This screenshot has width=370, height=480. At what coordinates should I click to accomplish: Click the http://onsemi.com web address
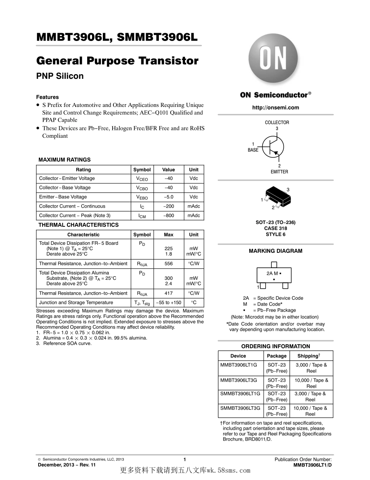[x=275, y=108]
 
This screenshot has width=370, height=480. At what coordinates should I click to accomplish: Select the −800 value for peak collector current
[x=168, y=215]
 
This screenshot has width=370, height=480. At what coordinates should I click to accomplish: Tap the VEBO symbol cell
[x=142, y=197]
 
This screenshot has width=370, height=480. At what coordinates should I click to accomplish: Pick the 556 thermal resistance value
[x=168, y=263]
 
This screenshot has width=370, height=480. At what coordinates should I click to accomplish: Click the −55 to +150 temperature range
[x=168, y=302]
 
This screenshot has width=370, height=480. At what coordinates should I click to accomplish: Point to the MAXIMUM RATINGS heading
[x=64, y=160]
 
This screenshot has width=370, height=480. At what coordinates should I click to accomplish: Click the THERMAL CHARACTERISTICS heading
[x=78, y=225]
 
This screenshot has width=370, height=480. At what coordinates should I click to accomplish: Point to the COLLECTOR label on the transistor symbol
[x=277, y=123]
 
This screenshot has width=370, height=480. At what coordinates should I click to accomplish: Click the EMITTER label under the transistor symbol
[x=279, y=172]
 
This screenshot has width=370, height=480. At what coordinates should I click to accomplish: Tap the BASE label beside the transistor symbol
[x=253, y=150]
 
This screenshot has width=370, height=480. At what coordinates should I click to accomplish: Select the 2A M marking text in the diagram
[x=272, y=274]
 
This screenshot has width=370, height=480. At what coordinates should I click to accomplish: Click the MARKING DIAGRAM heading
[x=275, y=251]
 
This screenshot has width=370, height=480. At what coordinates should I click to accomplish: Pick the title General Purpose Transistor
[x=117, y=61]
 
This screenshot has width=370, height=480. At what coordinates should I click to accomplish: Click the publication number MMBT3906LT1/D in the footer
[x=312, y=465]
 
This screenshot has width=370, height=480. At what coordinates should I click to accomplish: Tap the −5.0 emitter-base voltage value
[x=168, y=197]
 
